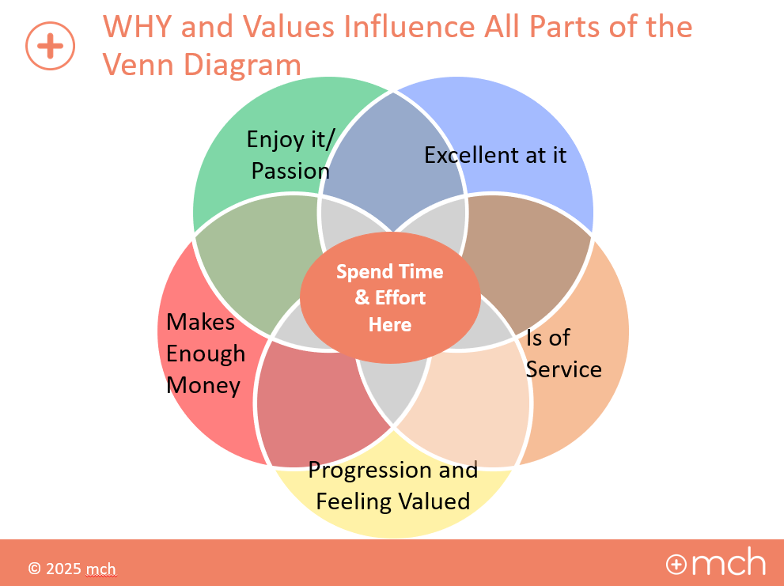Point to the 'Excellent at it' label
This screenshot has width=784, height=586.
(x=495, y=155)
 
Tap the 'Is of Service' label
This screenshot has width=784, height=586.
(x=563, y=353)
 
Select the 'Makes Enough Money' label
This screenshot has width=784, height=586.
(x=205, y=353)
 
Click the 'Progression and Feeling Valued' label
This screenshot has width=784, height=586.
(x=393, y=486)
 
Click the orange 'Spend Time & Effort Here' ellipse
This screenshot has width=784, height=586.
(x=390, y=298)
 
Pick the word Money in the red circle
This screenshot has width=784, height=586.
(x=203, y=385)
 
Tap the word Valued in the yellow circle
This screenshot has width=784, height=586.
(x=434, y=501)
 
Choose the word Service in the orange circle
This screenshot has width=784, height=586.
(x=564, y=369)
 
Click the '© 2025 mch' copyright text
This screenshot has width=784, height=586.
(x=72, y=568)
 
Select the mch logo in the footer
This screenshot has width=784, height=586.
(x=716, y=564)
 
